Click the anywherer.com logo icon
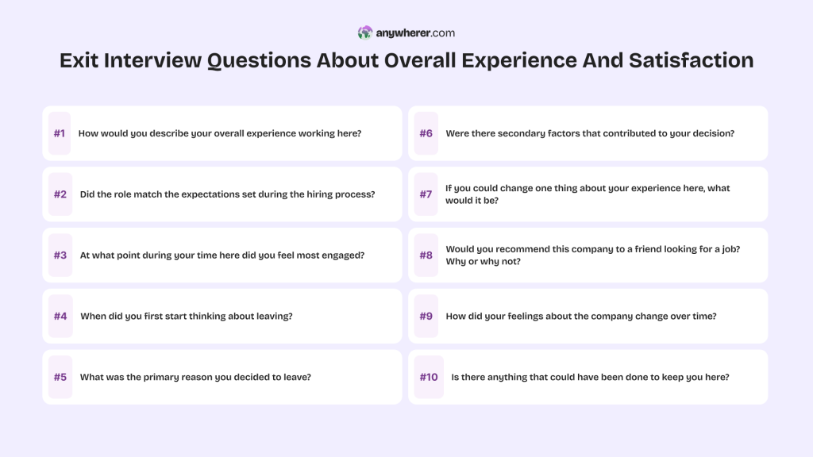pos(365,33)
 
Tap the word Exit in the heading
pos(80,61)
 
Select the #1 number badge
pos(60,133)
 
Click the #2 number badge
pos(60,194)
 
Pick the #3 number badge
pos(60,255)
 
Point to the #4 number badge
pos(60,316)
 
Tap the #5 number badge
pos(60,377)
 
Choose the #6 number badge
pos(426,133)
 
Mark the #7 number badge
pos(426,194)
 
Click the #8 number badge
pos(426,255)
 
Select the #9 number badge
pos(426,316)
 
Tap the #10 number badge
pos(429,377)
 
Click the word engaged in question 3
pos(344,255)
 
